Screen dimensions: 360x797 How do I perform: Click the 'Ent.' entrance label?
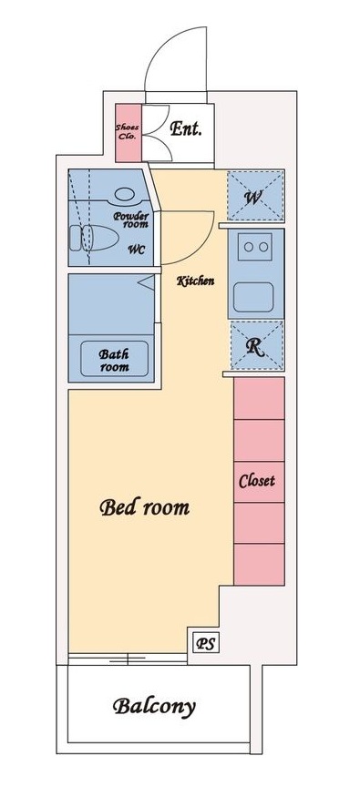[x=186, y=128]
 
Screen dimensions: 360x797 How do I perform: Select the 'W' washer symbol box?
[x=255, y=196]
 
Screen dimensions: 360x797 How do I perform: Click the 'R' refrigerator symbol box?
[x=257, y=345]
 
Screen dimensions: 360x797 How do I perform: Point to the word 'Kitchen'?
[x=195, y=281]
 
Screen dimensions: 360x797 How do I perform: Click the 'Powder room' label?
[x=131, y=220]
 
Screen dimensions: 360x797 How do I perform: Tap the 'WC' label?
[x=137, y=250]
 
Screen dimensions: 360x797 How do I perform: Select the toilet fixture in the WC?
[x=94, y=238]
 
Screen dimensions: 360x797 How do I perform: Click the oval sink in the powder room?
[x=124, y=194]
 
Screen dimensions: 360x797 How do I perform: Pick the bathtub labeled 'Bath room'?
[x=115, y=359]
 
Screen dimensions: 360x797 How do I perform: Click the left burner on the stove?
[x=248, y=247]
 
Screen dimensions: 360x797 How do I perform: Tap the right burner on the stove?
[x=263, y=247]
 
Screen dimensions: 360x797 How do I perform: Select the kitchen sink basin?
[x=253, y=297]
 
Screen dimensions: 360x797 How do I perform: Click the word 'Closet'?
[x=257, y=481]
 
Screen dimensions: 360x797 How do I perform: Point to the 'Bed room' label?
[x=144, y=507]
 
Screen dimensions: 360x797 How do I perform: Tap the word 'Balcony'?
[x=154, y=707]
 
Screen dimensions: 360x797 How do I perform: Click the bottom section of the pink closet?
[x=259, y=564]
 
